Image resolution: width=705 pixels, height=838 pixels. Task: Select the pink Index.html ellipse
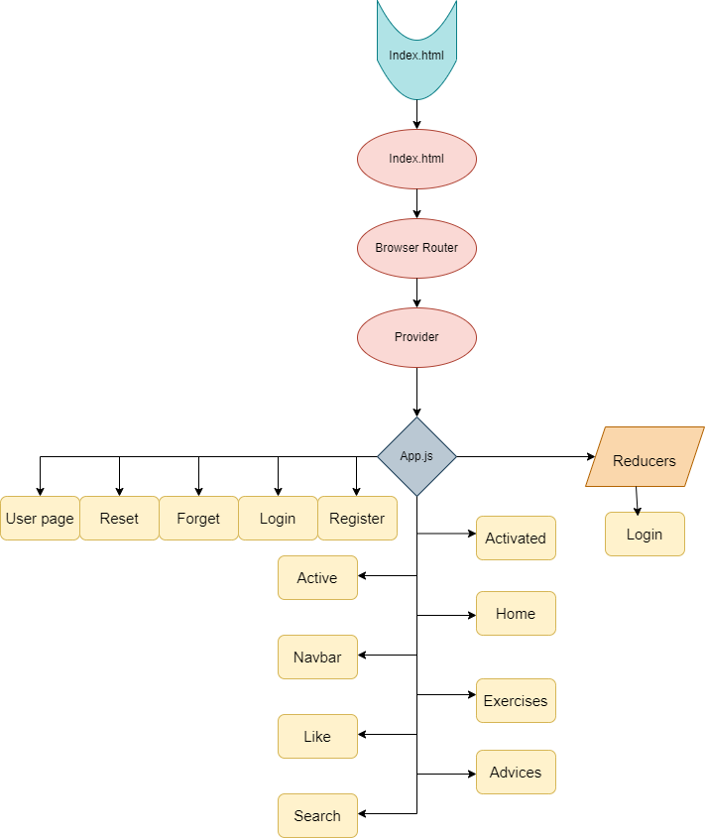(x=416, y=159)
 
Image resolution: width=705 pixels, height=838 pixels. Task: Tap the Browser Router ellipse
(x=416, y=248)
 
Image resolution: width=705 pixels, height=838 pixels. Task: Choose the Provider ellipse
(x=416, y=337)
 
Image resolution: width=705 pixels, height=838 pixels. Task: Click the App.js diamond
(x=416, y=456)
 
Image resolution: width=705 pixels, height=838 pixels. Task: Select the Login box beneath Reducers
(x=645, y=534)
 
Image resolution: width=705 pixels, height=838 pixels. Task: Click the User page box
(x=40, y=518)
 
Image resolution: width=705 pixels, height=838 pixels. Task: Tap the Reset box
(x=119, y=518)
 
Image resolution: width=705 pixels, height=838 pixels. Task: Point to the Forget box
(x=198, y=518)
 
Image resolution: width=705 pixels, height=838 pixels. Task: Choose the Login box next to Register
(x=278, y=518)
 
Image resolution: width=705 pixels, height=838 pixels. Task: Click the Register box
(x=357, y=518)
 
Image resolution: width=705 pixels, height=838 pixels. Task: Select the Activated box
(x=516, y=538)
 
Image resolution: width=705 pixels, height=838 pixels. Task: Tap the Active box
(x=317, y=577)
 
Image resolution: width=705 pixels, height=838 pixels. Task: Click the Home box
(x=516, y=613)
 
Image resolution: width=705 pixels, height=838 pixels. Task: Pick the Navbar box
(x=317, y=657)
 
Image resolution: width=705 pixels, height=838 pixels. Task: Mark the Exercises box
(x=516, y=700)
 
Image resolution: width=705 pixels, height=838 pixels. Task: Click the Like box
(x=317, y=736)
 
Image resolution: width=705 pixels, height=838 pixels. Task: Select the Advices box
(x=516, y=772)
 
